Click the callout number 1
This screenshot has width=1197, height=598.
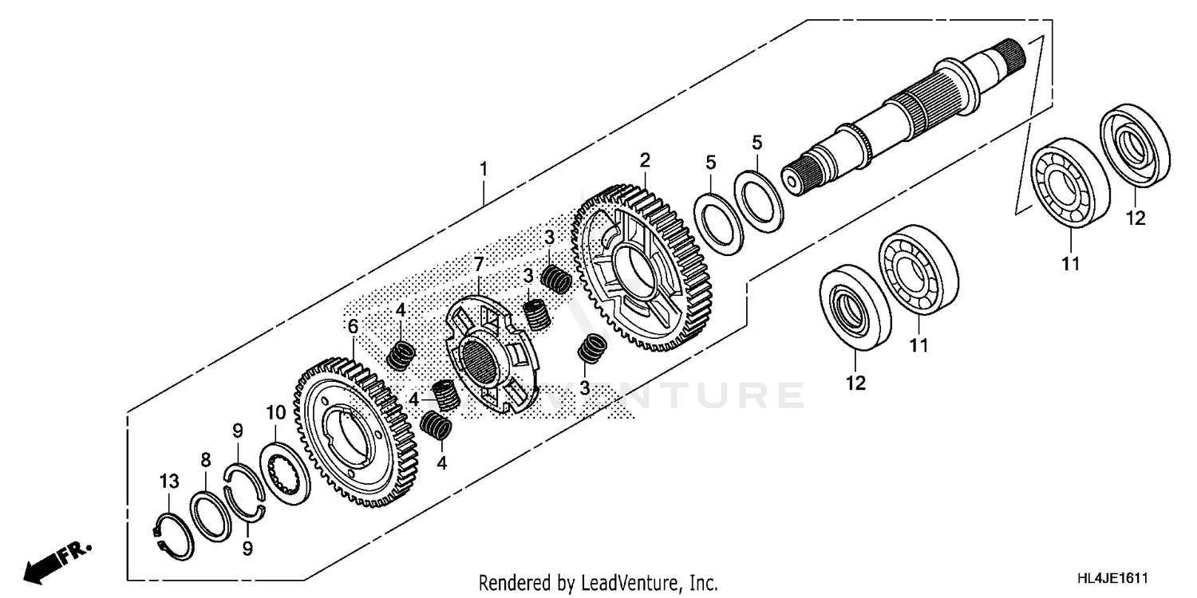coord(482,169)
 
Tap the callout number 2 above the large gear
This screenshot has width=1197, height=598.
coord(645,159)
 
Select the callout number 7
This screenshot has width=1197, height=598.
coord(479,263)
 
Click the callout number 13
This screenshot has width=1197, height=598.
coord(168,482)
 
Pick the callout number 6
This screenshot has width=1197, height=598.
coord(352,326)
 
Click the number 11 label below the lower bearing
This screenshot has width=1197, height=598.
coord(918,345)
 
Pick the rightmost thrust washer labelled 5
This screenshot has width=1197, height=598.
coord(758,197)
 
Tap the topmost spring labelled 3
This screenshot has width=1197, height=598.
coord(555,279)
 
